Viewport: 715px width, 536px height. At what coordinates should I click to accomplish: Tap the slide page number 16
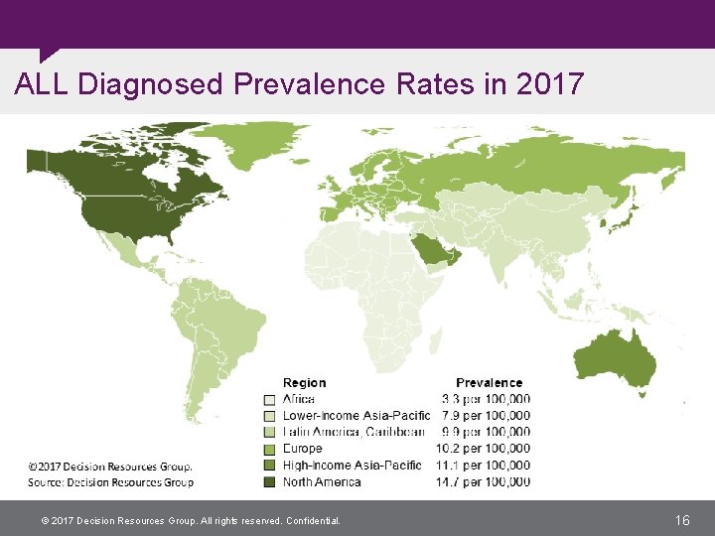point(681,520)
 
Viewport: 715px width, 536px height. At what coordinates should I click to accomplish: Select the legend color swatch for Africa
point(268,400)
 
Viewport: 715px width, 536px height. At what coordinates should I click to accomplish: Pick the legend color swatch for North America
point(268,483)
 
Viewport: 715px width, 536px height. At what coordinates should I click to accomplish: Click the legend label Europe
point(303,449)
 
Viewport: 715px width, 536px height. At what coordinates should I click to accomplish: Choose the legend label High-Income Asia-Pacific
point(352,466)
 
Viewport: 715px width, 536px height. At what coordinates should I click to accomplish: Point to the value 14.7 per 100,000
point(486,482)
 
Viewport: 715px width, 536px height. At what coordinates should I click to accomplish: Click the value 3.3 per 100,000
point(486,399)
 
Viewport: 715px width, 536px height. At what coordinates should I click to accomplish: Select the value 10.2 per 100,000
point(486,449)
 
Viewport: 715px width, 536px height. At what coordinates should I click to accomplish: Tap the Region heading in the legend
point(304,383)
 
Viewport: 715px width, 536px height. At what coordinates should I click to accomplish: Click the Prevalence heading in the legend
point(489,383)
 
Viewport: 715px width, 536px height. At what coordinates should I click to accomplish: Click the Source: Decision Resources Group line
point(110,482)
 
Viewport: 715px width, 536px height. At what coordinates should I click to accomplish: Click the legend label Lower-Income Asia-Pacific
point(356,416)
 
